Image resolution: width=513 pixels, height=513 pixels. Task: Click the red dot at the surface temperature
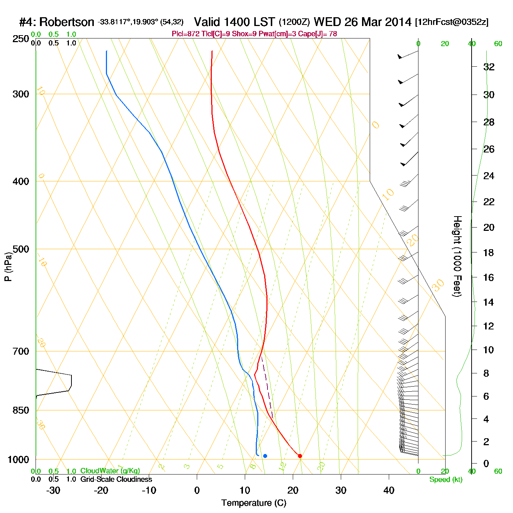pos(300,456)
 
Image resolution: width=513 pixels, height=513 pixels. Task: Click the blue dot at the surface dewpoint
pos(265,456)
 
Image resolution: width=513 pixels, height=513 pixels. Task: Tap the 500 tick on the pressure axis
pos(21,249)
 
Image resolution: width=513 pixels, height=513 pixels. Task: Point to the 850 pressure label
pos(21,410)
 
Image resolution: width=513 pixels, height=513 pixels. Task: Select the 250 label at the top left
pos(21,39)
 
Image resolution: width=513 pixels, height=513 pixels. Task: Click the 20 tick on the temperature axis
pos(293,490)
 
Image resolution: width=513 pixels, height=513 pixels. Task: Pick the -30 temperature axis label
pos(53,490)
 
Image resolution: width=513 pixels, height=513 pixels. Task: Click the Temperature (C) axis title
pos(254,503)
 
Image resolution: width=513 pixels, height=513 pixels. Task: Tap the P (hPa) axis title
pos(8,267)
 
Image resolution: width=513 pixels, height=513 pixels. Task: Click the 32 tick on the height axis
pos(489,67)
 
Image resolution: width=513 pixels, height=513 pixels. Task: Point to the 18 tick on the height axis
pos(489,252)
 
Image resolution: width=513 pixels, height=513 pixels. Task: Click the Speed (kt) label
pos(446,480)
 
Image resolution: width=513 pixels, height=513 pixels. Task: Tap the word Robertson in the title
pos(67,22)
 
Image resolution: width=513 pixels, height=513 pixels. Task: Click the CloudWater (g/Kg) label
pos(110,471)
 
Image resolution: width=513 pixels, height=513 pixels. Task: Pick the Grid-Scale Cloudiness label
pos(116,479)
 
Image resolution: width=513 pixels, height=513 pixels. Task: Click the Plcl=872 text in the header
pos(186,34)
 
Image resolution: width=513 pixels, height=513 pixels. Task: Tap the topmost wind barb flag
pos(400,56)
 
